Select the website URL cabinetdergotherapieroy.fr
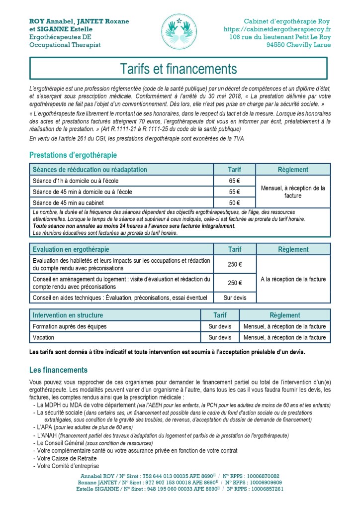pos(277,29)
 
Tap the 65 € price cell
pos(234,181)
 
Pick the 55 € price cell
pos(234,192)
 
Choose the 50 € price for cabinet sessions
pos(234,203)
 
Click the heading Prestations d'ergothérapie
pos(73,155)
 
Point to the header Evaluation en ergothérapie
pos(71,249)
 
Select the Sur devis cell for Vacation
pos(220,337)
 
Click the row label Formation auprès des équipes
pos(69,326)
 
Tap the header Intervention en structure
pos(68,315)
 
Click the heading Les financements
pos(58,370)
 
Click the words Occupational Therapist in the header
pos(65,45)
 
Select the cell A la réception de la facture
pos(293,279)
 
